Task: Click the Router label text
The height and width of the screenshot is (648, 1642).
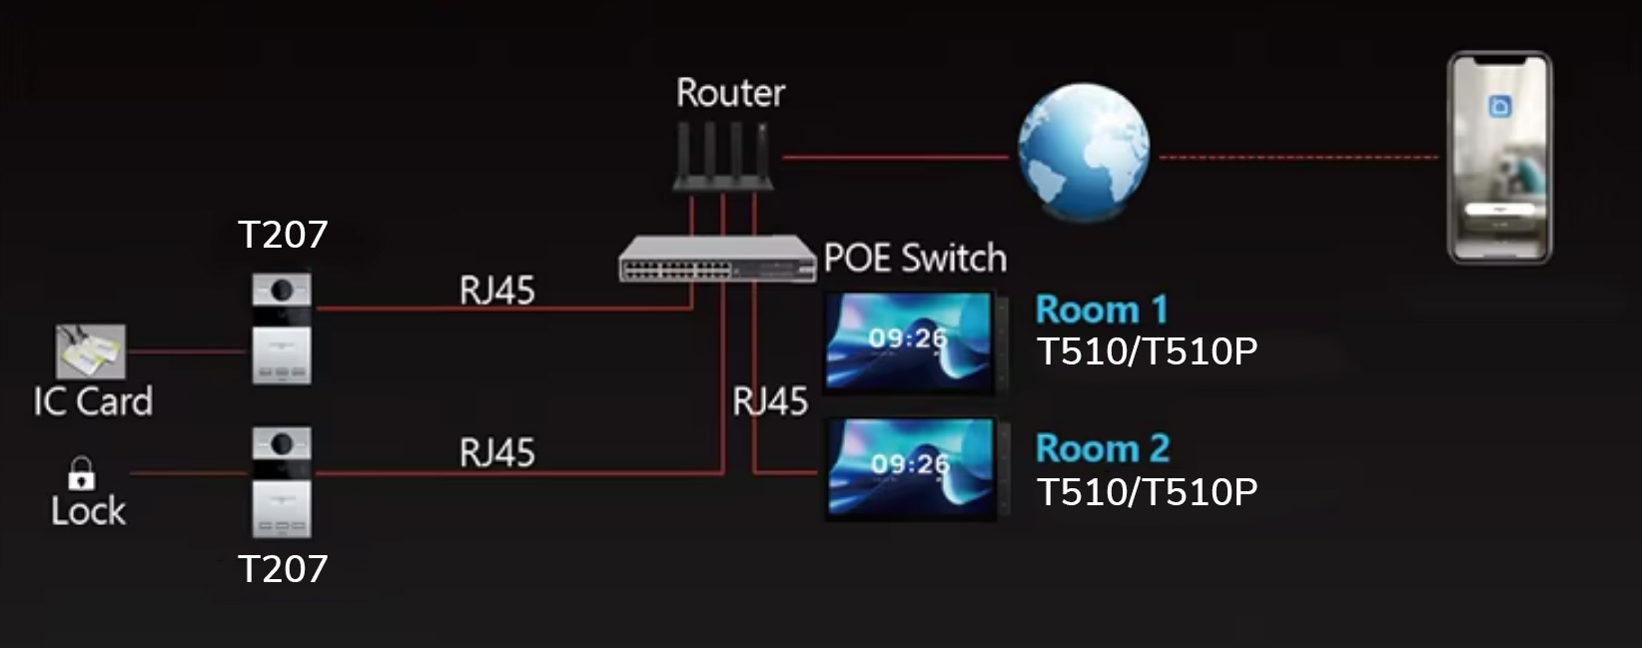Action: click(730, 93)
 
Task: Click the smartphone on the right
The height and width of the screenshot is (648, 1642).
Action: click(1499, 158)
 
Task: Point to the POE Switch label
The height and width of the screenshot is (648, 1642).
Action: click(915, 259)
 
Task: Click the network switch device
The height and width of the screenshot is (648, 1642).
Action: click(717, 260)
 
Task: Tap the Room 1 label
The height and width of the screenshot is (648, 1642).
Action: click(1102, 310)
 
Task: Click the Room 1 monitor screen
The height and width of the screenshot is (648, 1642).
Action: click(910, 342)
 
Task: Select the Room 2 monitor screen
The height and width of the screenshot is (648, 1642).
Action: click(911, 468)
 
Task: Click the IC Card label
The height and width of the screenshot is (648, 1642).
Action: click(93, 401)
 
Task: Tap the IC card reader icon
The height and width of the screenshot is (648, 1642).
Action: click(91, 350)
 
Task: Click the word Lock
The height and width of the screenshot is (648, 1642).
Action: click(88, 511)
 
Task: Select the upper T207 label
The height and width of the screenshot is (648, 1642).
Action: click(283, 235)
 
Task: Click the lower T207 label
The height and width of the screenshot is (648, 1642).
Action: click(283, 569)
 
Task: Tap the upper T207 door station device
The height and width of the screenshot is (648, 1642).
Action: click(282, 328)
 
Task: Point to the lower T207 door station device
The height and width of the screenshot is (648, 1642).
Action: click(282, 482)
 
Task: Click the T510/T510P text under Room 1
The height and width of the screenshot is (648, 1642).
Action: click(1147, 351)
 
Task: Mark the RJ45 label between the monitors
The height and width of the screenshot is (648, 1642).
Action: click(770, 401)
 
